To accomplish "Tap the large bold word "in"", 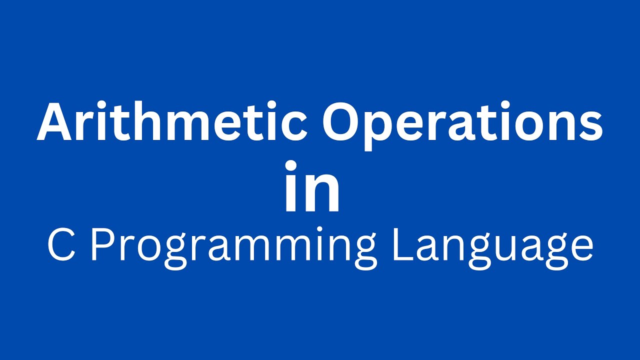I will coord(312,187).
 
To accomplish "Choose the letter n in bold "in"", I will coord(322,193).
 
